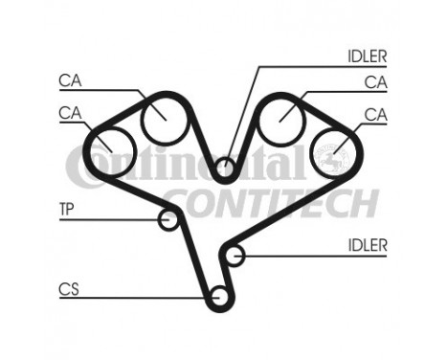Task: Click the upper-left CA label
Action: coord(70,80)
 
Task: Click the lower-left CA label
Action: coord(70,113)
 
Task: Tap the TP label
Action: coord(67,208)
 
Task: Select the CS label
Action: coord(68,287)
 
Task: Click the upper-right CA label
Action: coord(375,82)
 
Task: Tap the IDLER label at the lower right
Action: coord(368,245)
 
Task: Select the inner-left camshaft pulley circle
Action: coord(160,119)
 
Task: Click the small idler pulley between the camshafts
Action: coord(225,170)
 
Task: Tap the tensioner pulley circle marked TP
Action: coord(169,220)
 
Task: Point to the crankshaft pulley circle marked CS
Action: coord(219,300)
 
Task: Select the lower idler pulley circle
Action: coord(235,255)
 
